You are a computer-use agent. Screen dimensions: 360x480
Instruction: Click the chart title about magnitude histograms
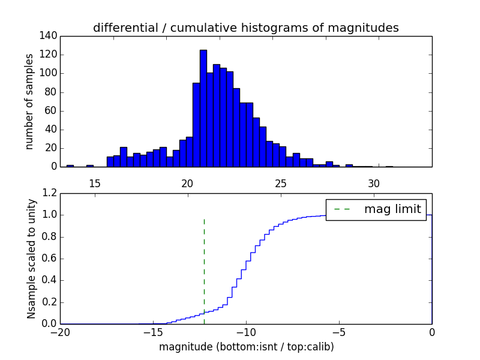coord(245,28)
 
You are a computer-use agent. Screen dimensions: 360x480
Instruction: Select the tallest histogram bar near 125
coord(203,108)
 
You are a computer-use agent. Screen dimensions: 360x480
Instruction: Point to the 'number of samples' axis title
coord(29,101)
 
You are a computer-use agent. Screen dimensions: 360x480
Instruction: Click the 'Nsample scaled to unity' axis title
coord(31,259)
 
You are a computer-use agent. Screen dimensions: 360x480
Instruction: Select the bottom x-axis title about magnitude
coord(246,347)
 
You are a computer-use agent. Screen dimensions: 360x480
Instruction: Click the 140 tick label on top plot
coord(49,36)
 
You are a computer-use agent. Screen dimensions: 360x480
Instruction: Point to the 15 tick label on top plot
coord(94,183)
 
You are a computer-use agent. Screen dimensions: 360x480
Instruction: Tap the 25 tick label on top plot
coord(280,183)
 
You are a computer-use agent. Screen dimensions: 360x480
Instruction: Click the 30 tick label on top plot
coord(373,183)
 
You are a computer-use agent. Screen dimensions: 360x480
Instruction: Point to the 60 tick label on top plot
coord(52,110)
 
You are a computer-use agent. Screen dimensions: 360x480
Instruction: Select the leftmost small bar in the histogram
coord(70,166)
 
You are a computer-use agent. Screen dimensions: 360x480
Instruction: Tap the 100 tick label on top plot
coord(49,73)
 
